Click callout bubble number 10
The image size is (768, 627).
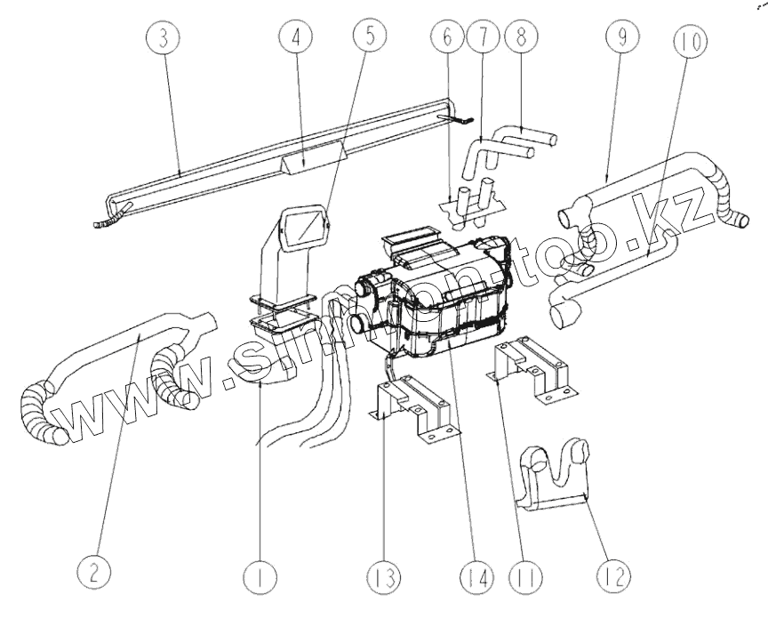coord(692,40)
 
